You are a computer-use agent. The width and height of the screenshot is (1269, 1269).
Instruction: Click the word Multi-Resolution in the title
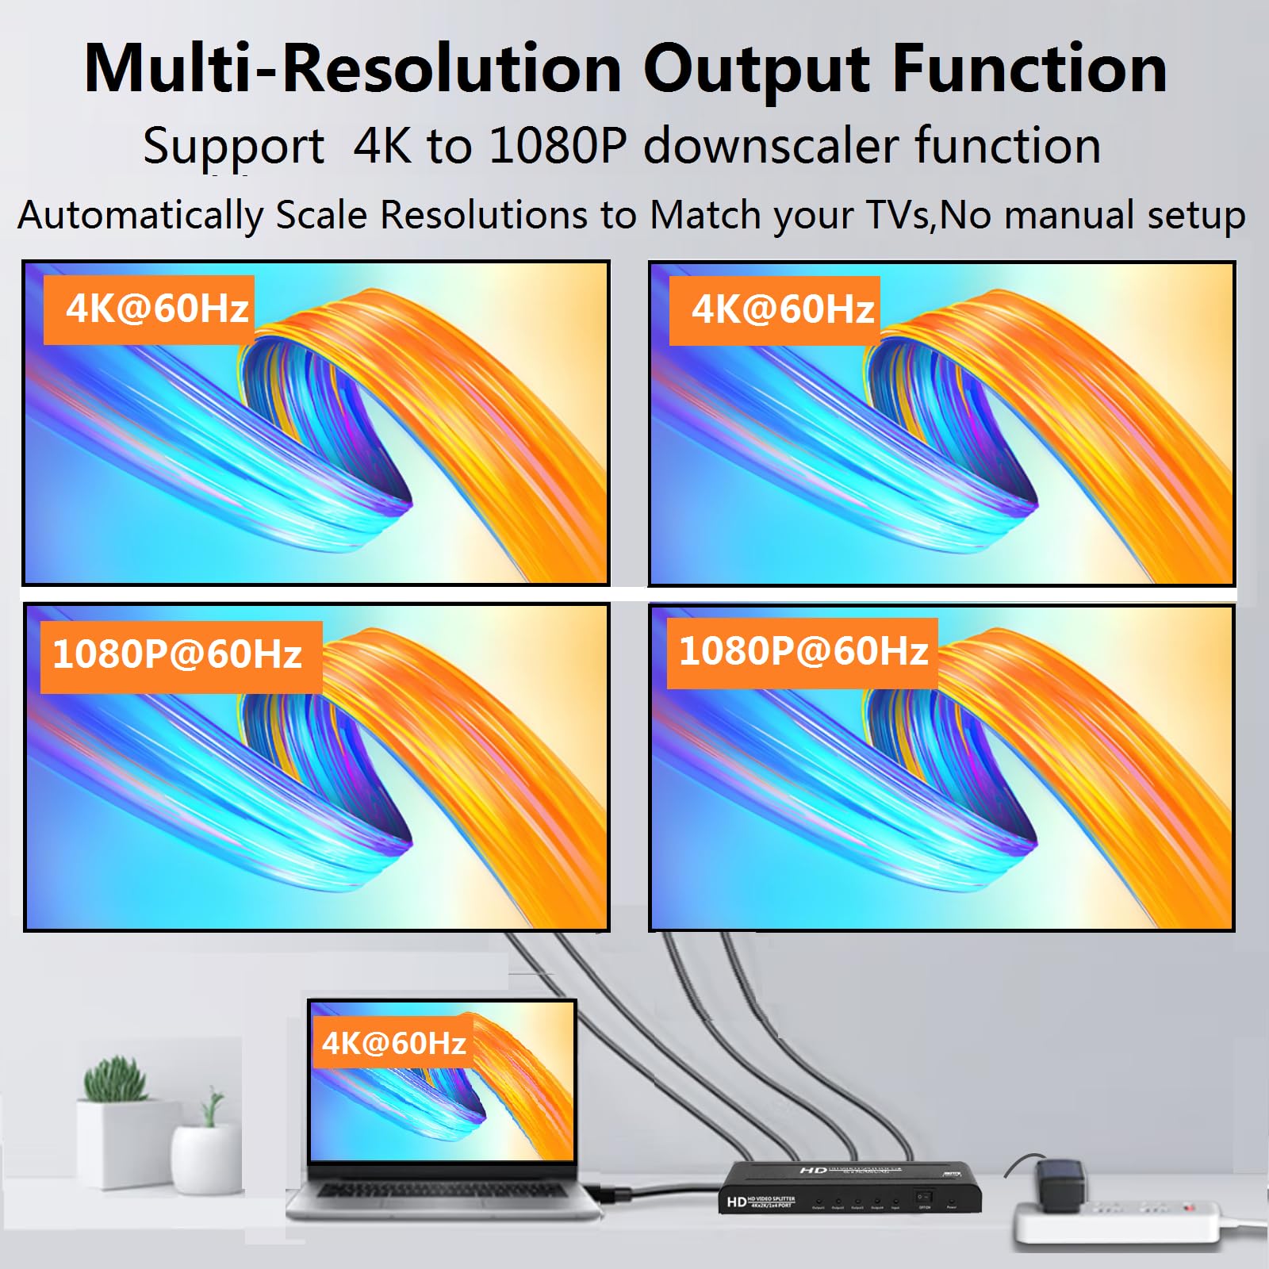coord(352,69)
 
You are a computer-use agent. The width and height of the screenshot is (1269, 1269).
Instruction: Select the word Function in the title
coord(1029,69)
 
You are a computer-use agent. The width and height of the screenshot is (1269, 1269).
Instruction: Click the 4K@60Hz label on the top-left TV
coord(156,309)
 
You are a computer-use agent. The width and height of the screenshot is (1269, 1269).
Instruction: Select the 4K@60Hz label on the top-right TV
coord(782,309)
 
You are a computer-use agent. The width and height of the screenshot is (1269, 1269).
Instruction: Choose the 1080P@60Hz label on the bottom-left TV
coord(178,655)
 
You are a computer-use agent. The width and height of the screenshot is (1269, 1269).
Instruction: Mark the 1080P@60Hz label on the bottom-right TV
coord(803,652)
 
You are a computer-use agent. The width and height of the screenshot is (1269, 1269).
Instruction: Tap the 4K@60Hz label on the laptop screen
coord(393,1043)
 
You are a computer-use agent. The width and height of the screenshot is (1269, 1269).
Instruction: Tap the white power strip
coord(1118,1221)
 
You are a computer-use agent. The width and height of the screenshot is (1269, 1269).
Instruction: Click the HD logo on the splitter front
coord(736,1202)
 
